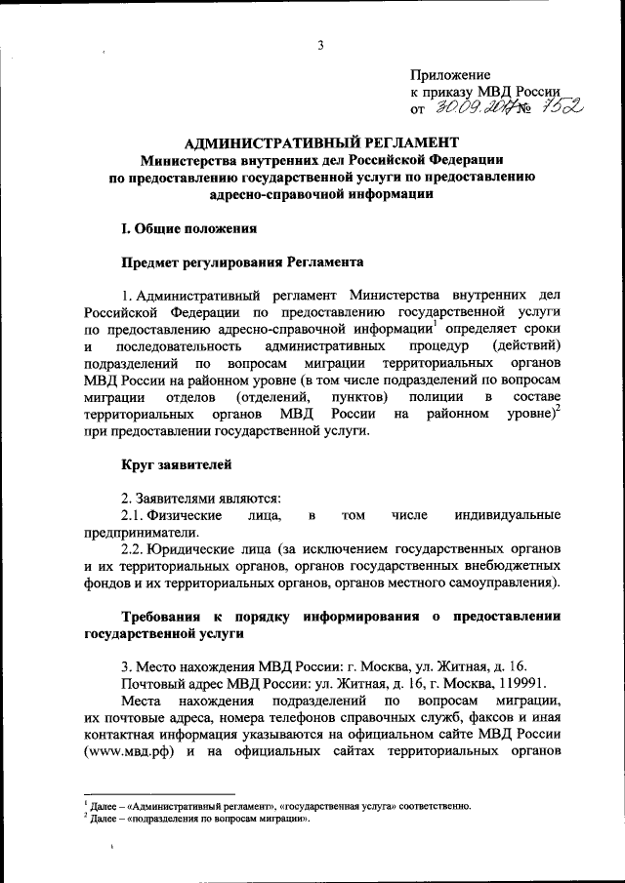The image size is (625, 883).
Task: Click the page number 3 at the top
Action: [318, 43]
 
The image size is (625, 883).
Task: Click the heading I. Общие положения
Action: [187, 229]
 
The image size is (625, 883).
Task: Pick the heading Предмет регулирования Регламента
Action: [242, 262]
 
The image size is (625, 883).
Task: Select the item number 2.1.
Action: [133, 514]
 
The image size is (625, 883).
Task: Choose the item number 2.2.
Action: [133, 548]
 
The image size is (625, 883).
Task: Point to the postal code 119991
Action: [525, 684]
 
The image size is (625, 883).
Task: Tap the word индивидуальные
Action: [507, 514]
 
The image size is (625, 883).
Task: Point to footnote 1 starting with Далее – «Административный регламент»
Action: [277, 807]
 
